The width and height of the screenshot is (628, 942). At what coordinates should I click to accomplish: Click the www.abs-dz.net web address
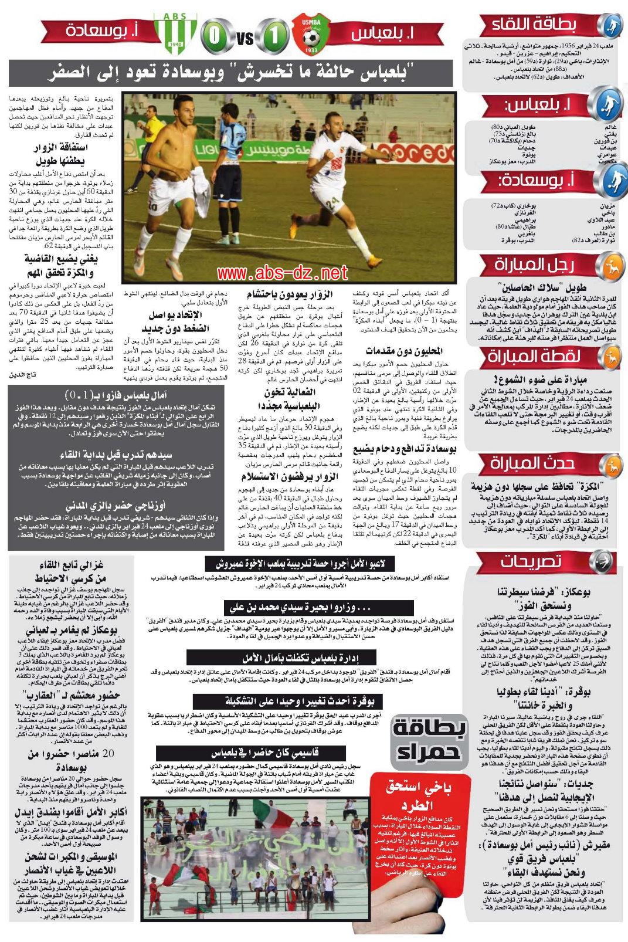274,273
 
